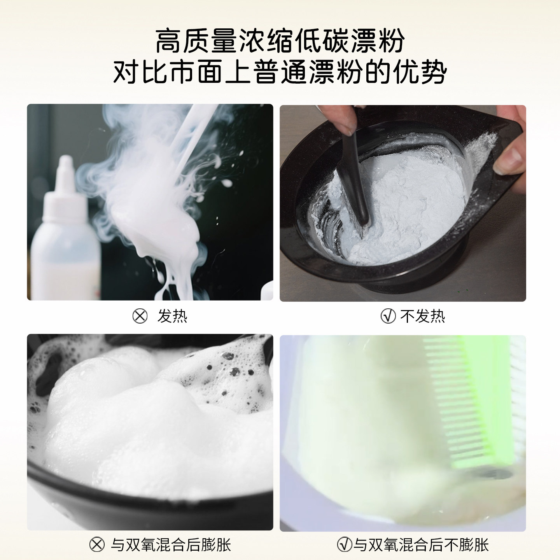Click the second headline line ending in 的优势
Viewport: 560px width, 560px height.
pos(280,72)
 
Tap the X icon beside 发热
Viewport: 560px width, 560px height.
pos(140,317)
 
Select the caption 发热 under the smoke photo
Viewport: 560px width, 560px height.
pos(172,317)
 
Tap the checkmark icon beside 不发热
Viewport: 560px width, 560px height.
pos(388,317)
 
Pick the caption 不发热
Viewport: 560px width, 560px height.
pos(423,317)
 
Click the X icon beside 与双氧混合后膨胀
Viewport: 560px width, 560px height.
pos(97,545)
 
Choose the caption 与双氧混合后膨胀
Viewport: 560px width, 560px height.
pos(171,545)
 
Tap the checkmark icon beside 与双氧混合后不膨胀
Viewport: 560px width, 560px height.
pos(345,545)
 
